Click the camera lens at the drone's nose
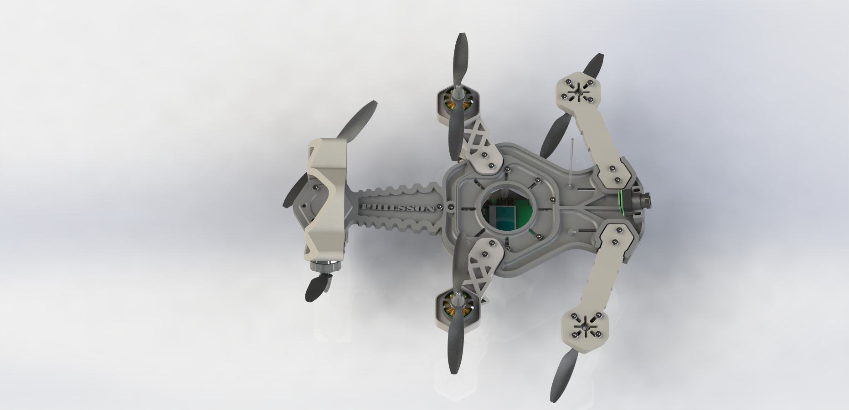coord(646,200)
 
